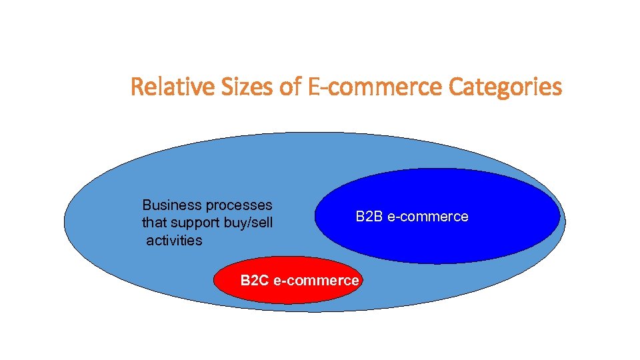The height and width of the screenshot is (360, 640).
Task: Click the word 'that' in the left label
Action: pyautogui.click(x=153, y=222)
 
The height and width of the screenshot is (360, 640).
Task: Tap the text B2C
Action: pyautogui.click(x=254, y=281)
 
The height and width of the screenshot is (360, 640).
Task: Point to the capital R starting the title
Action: pyautogui.click(x=137, y=87)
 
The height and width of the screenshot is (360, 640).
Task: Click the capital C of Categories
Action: pyautogui.click(x=456, y=87)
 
